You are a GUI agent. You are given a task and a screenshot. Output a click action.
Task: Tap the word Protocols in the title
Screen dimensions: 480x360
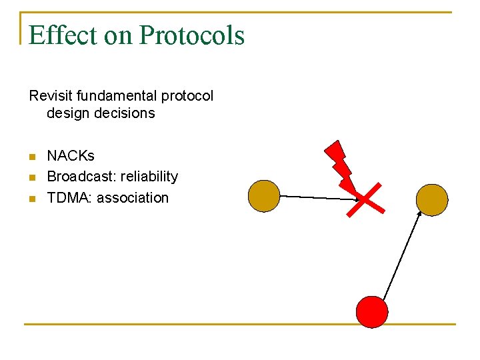click(x=191, y=35)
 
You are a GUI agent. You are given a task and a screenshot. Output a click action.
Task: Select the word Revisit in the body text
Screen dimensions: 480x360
click(x=51, y=96)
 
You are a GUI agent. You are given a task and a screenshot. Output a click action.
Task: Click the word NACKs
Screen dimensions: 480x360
click(x=71, y=156)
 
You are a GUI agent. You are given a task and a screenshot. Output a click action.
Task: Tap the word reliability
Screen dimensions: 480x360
click(x=149, y=177)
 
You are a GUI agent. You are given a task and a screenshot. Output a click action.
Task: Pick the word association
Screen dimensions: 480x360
click(x=133, y=197)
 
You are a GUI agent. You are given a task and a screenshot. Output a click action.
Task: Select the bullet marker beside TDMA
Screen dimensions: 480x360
click(x=31, y=199)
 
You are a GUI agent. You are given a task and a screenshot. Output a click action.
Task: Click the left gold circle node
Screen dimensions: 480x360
click(x=263, y=196)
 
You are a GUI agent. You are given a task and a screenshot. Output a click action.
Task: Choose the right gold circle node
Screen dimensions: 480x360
click(x=432, y=199)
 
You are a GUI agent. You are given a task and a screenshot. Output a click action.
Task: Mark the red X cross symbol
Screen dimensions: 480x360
click(x=365, y=199)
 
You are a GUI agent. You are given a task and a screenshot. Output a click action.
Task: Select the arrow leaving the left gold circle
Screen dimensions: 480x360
click(x=319, y=197)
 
